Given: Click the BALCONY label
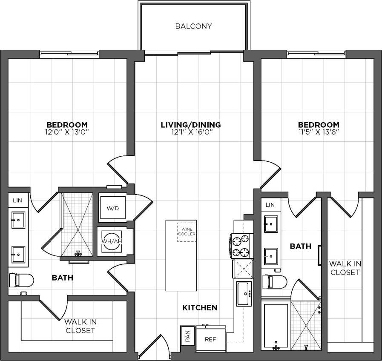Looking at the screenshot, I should [193, 26].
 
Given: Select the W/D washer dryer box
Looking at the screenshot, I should [112, 209].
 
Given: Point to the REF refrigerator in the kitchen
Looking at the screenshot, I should [210, 340].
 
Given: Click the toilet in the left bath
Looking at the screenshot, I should [21, 280].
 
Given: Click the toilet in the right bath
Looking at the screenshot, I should [274, 281].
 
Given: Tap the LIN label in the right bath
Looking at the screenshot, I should [270, 205].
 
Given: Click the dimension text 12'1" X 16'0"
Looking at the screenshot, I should [190, 132].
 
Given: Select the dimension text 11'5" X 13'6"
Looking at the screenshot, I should [319, 132].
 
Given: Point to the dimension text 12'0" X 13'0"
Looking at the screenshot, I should [67, 132].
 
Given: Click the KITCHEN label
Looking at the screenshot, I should [200, 307].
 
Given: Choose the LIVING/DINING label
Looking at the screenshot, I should [190, 125].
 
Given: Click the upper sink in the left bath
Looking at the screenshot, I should [18, 221].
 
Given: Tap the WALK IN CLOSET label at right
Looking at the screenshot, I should [345, 268].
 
